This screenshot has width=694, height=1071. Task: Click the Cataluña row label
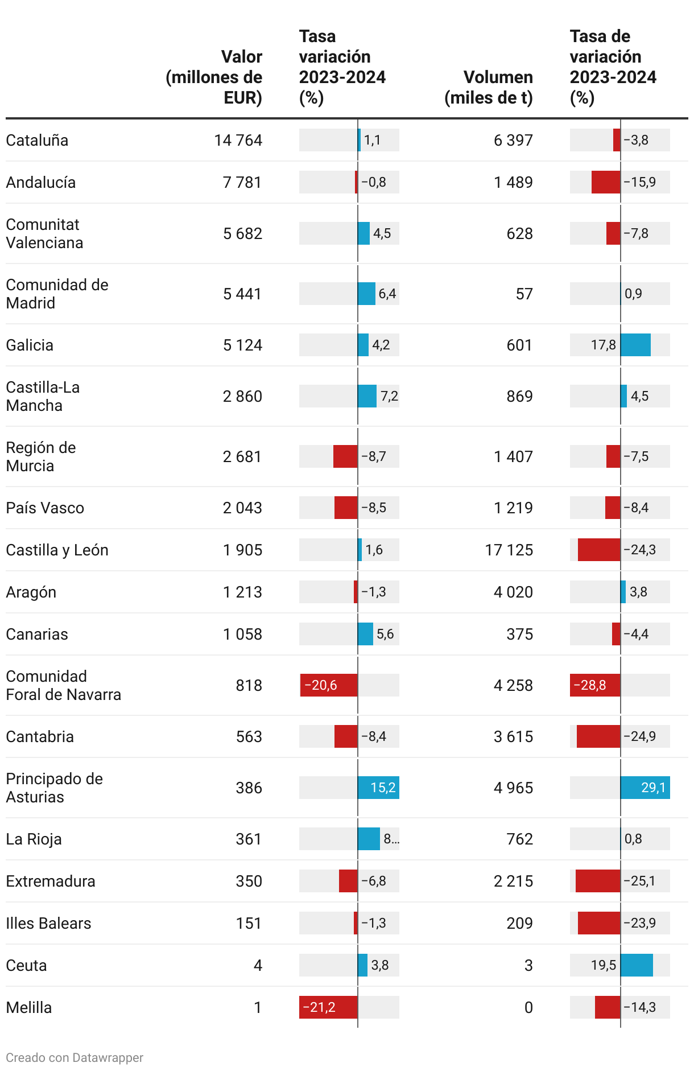click(x=37, y=140)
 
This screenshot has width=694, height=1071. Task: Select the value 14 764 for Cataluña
click(x=238, y=140)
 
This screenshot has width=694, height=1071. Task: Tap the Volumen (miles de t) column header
click(x=489, y=87)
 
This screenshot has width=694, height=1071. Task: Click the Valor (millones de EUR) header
click(x=214, y=77)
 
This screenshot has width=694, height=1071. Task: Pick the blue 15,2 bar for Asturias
click(x=378, y=788)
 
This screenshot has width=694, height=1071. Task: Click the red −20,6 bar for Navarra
click(x=329, y=685)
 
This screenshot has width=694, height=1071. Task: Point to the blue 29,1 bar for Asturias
click(x=645, y=788)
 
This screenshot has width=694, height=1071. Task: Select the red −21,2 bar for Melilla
click(x=329, y=1007)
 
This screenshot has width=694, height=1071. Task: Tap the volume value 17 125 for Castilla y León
click(x=509, y=550)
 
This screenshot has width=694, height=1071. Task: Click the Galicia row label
click(x=30, y=345)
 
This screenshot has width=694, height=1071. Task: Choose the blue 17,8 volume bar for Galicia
click(x=635, y=345)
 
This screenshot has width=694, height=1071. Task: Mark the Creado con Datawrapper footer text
click(x=75, y=1058)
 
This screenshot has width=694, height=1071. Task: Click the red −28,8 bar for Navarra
click(x=595, y=685)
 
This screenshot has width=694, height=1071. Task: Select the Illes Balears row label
click(x=48, y=923)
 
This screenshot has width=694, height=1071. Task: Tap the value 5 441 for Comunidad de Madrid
click(x=242, y=294)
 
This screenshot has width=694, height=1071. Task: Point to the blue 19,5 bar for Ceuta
click(x=637, y=965)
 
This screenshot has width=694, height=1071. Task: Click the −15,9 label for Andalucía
click(x=640, y=182)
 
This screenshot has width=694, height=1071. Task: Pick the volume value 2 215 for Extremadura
click(x=513, y=881)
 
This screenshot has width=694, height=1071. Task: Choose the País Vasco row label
click(x=45, y=508)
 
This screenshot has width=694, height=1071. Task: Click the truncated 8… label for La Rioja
click(x=391, y=839)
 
